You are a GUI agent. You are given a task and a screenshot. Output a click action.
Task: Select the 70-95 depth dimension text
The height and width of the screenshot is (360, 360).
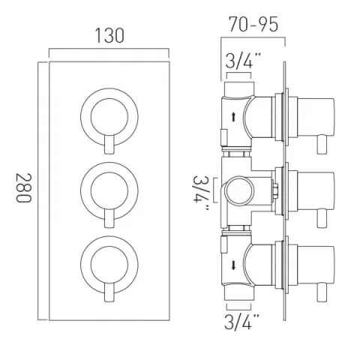click(x=254, y=25)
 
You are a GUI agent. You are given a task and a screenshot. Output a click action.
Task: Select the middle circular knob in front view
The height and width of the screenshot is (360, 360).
click(x=105, y=184)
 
